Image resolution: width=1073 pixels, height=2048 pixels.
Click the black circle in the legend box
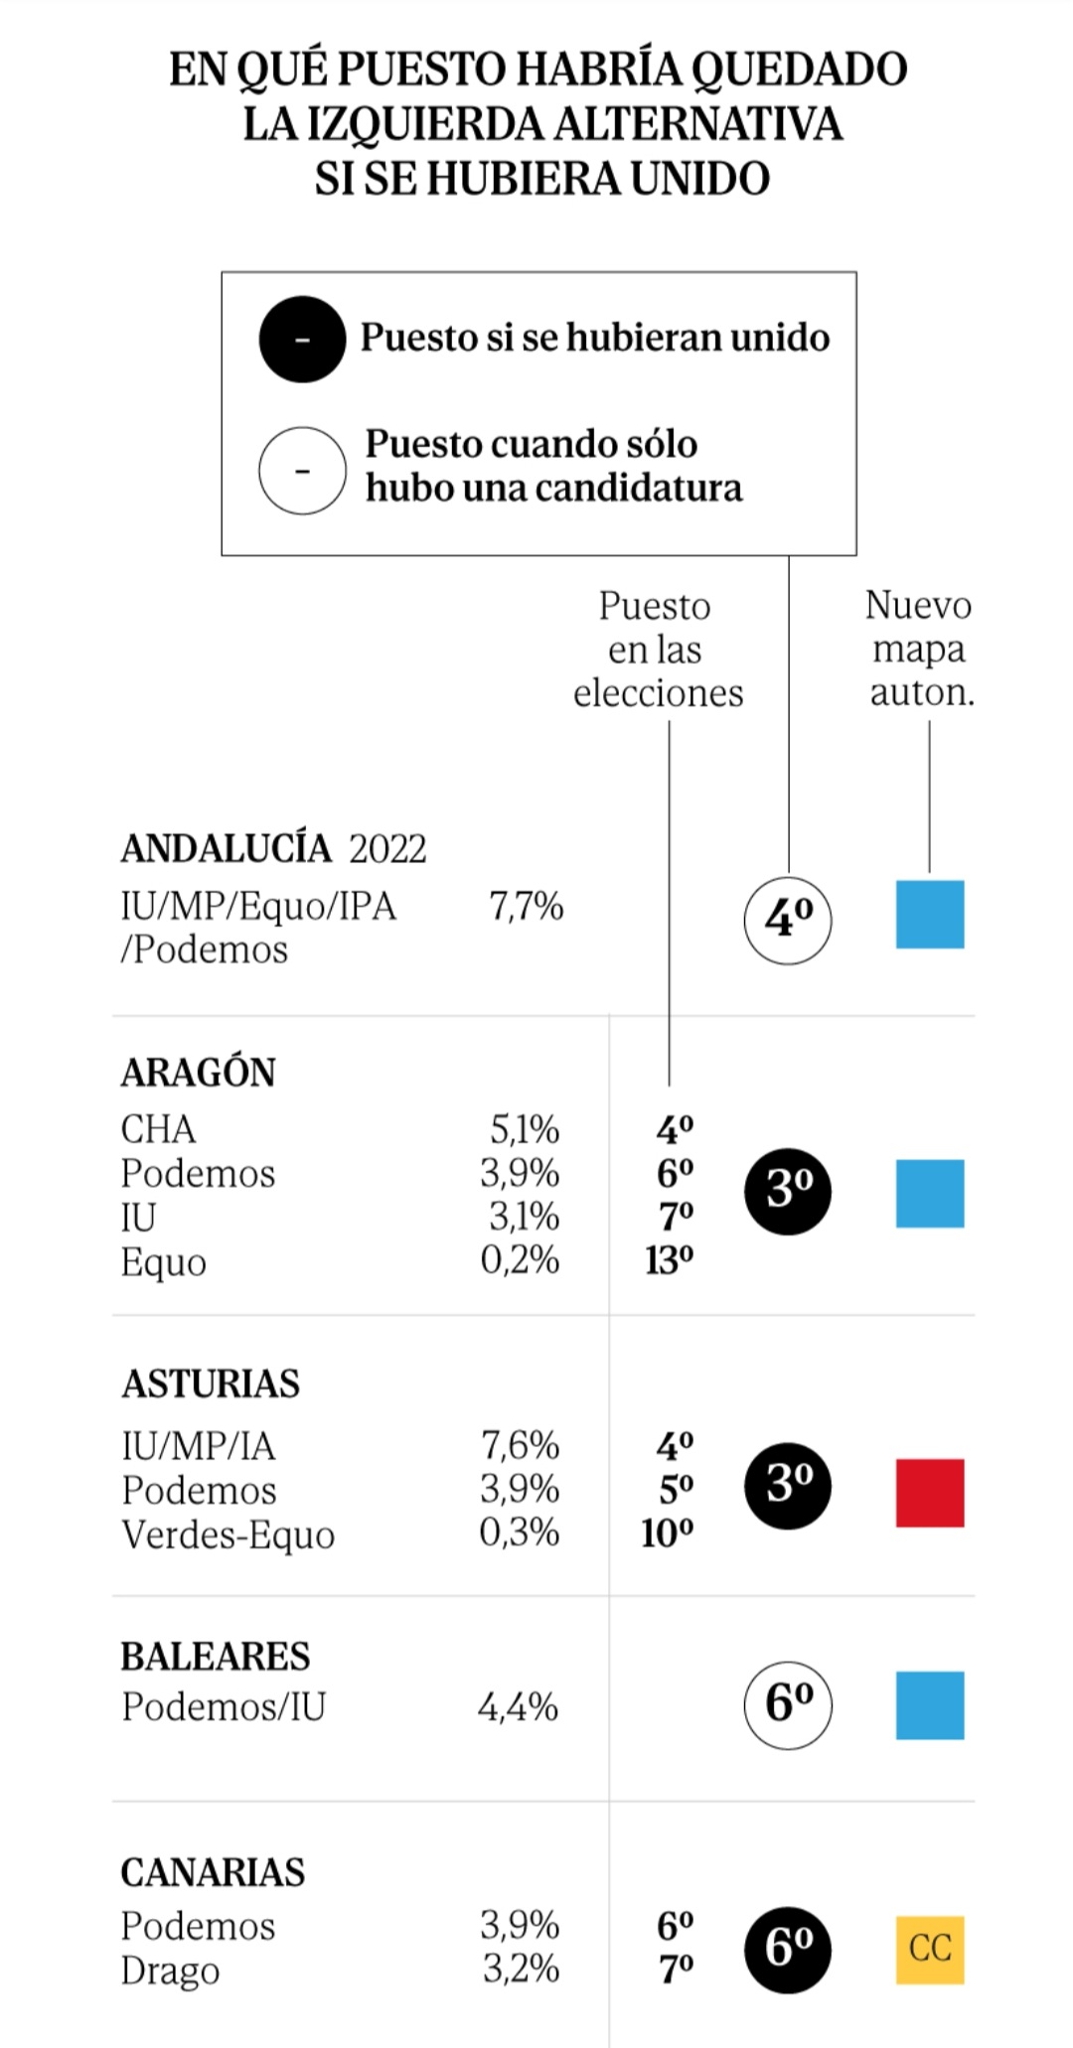pyautogui.click(x=302, y=340)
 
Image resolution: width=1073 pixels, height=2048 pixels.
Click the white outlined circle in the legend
pyautogui.click(x=302, y=470)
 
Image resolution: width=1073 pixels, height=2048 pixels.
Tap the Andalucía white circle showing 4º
pyautogui.click(x=788, y=920)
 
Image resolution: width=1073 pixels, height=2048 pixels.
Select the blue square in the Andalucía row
pyautogui.click(x=930, y=914)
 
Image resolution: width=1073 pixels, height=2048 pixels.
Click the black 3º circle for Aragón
pyautogui.click(x=788, y=1191)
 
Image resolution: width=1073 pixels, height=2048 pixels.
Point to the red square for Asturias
pyautogui.click(x=930, y=1493)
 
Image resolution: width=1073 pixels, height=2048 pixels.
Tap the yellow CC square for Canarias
pyautogui.click(x=930, y=1950)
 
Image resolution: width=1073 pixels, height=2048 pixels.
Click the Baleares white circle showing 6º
pyautogui.click(x=788, y=1704)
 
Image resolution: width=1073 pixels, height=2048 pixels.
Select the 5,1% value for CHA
pyautogui.click(x=524, y=1129)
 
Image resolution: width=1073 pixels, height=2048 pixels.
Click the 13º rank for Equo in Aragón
pyautogui.click(x=669, y=1260)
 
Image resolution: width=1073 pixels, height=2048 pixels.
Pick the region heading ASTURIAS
pyautogui.click(x=211, y=1384)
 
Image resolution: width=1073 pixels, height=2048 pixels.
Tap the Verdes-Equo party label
pyautogui.click(x=228, y=1535)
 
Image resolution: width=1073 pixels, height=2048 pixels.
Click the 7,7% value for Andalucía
pyautogui.click(x=526, y=906)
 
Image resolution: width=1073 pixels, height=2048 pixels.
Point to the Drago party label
pyautogui.click(x=170, y=1971)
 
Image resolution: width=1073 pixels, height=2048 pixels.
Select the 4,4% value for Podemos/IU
pyautogui.click(x=518, y=1707)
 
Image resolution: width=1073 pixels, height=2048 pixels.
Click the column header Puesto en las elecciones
pyautogui.click(x=657, y=650)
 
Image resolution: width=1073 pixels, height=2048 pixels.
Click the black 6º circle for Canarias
pyautogui.click(x=788, y=1950)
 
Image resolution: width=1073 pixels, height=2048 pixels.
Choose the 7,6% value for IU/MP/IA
pyautogui.click(x=520, y=1445)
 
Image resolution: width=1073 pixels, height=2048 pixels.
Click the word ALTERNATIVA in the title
pyautogui.click(x=698, y=124)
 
